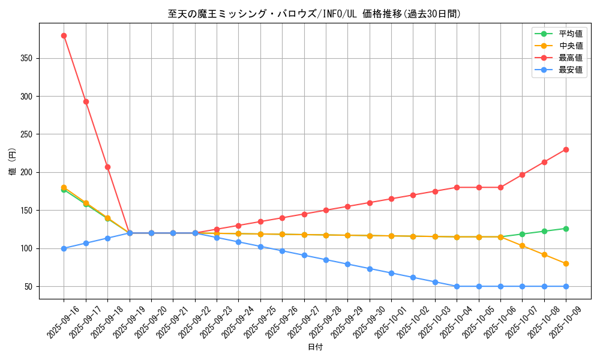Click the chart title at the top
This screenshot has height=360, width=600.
pos(314,14)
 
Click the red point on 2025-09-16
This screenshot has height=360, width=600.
pos(64,35)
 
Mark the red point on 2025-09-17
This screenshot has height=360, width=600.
pos(86,101)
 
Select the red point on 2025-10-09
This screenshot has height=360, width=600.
pos(566,149)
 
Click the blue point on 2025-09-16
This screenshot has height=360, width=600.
pos(64,248)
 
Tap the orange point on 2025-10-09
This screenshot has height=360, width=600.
pos(566,263)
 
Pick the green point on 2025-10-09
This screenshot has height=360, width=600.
pos(566,229)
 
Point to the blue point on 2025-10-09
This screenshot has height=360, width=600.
pos(566,286)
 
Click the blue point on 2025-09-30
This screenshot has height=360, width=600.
pos(370,269)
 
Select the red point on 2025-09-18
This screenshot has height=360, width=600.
pos(107,167)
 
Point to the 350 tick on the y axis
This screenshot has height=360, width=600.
pos(26,58)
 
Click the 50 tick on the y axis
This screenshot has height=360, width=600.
pos(29,286)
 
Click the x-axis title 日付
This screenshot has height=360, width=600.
pos(315,347)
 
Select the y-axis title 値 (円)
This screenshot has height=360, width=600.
pos(12,161)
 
